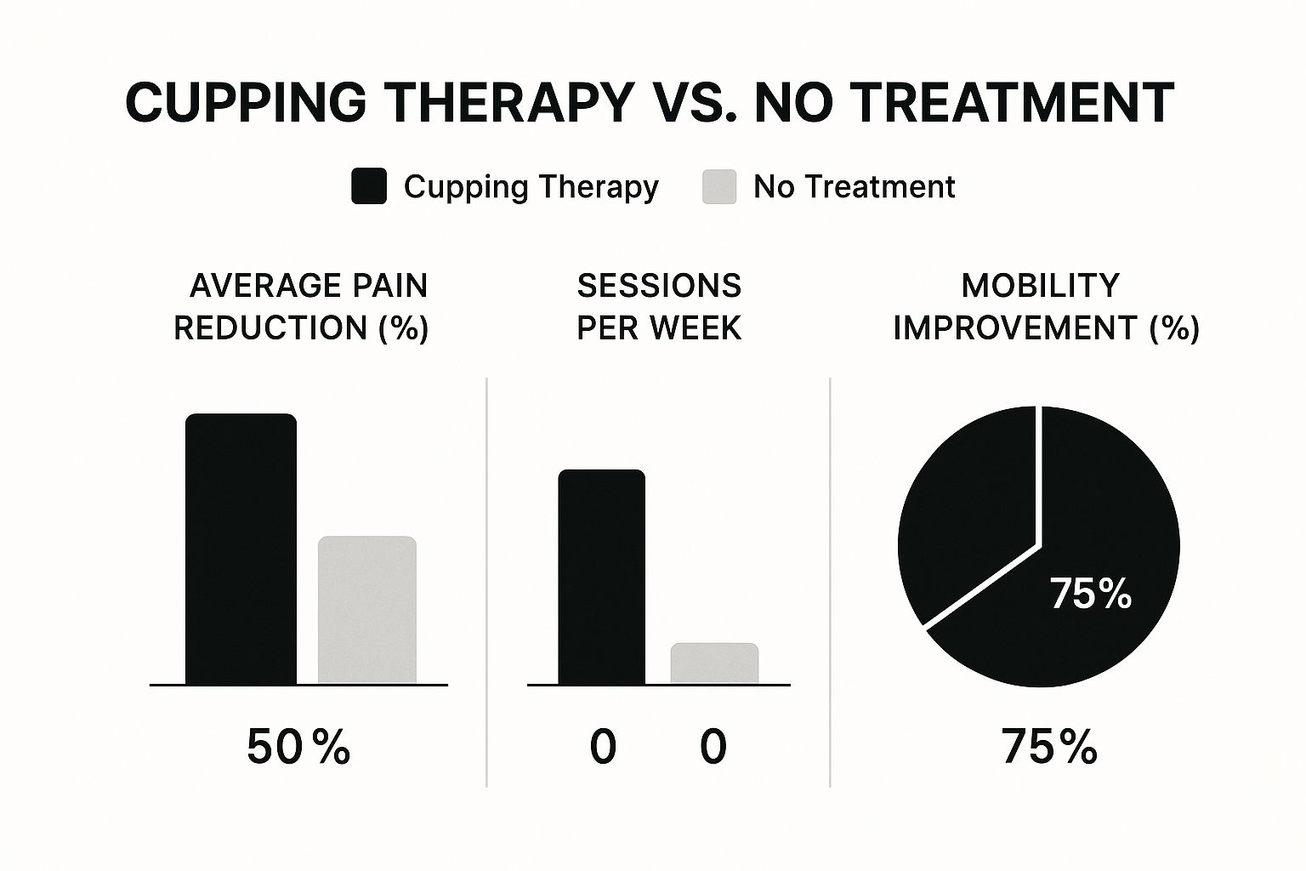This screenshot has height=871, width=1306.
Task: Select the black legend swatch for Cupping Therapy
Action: [x=369, y=186]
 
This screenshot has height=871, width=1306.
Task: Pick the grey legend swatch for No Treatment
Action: [x=719, y=186]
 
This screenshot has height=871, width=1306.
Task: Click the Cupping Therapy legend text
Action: [x=531, y=186]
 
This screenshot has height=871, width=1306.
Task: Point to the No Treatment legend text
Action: [x=854, y=186]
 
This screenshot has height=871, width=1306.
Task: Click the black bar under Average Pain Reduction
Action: [x=241, y=549]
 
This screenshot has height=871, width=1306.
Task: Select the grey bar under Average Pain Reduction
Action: [x=367, y=610]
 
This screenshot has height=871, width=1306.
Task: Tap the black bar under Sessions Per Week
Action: [x=601, y=577]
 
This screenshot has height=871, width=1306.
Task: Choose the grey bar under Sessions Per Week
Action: [x=714, y=663]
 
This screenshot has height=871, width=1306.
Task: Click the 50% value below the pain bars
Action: [x=298, y=747]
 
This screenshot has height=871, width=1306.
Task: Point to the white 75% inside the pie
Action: [x=1091, y=594]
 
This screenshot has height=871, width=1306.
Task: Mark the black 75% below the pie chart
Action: [x=1049, y=747]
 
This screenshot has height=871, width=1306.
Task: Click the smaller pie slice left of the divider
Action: [x=961, y=510]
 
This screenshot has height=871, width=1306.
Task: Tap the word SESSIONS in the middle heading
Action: [x=659, y=286]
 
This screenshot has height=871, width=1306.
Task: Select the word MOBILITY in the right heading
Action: [x=1040, y=286]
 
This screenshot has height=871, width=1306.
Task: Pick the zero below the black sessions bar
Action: [x=603, y=747]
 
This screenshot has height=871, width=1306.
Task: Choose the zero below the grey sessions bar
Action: [x=713, y=747]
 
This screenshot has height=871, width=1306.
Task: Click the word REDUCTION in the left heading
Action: [x=270, y=327]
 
